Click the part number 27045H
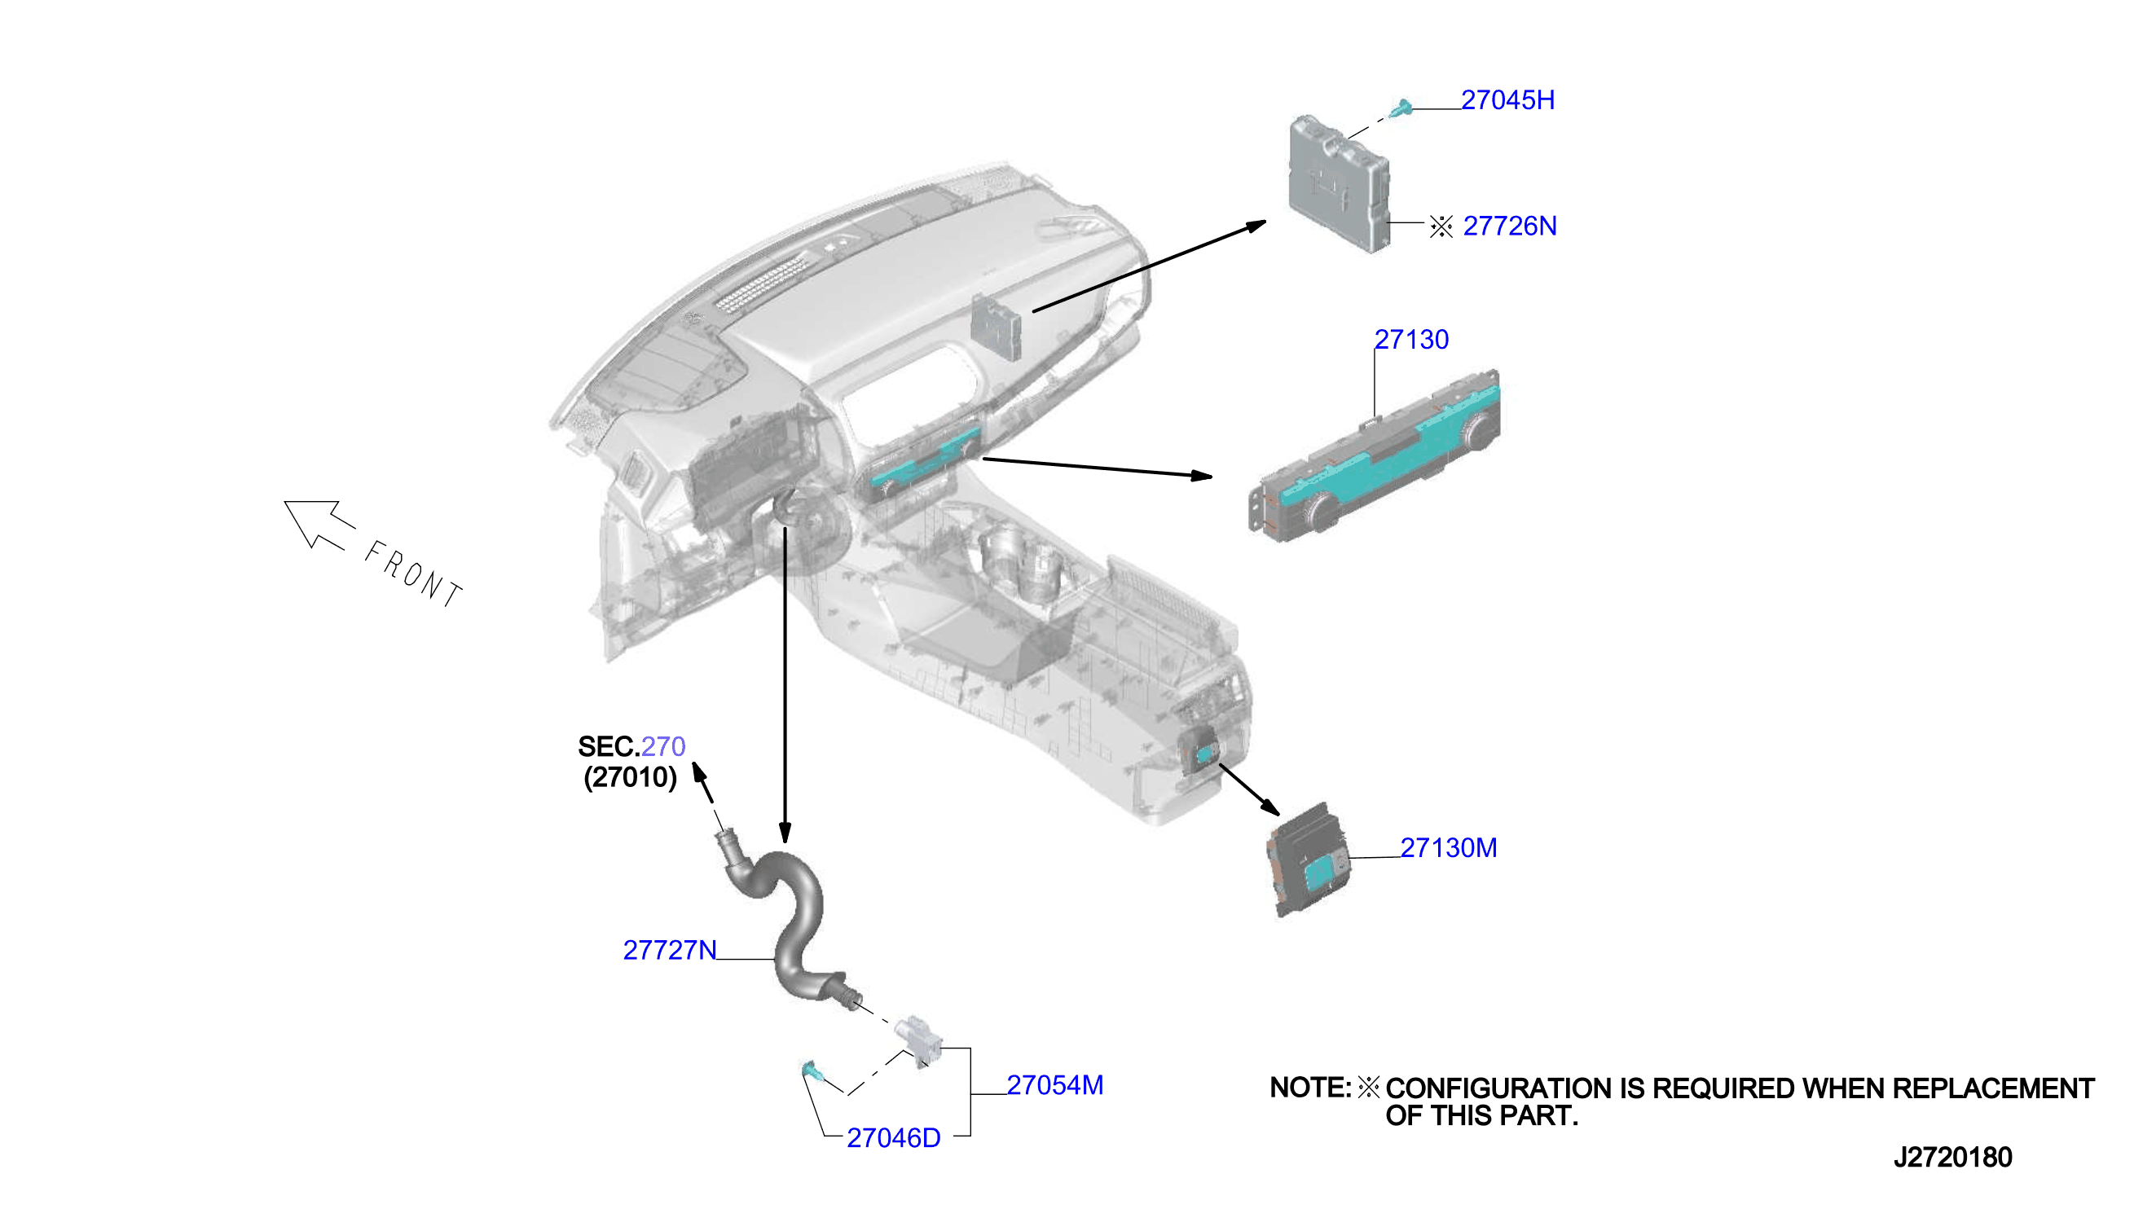click(1507, 99)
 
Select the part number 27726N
click(1509, 226)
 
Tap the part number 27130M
click(1448, 848)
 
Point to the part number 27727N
click(669, 950)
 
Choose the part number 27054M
click(1054, 1085)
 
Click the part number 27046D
click(894, 1138)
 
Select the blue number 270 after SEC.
click(663, 746)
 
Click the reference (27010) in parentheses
click(630, 777)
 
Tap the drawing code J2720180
click(1952, 1158)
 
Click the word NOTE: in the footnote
click(1310, 1088)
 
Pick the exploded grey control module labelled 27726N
click(1338, 183)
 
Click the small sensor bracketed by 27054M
click(919, 1040)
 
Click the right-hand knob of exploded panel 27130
click(1477, 431)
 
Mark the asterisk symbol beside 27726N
click(1441, 226)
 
